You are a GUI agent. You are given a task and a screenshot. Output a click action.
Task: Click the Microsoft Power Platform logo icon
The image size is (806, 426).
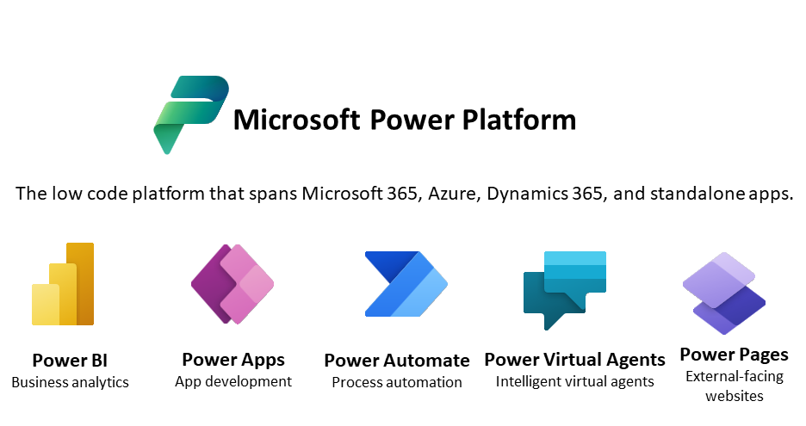pyautogui.click(x=190, y=114)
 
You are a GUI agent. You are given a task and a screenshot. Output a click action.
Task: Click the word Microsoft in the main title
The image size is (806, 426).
pyautogui.click(x=296, y=120)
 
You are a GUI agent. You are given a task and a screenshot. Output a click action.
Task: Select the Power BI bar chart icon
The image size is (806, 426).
pyautogui.click(x=63, y=284)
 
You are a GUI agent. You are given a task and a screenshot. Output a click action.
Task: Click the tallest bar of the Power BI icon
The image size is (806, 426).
pyautogui.click(x=81, y=284)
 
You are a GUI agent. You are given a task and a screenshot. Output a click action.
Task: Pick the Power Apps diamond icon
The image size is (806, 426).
pyautogui.click(x=232, y=284)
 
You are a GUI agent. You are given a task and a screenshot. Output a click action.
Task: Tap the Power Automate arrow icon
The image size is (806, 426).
pyautogui.click(x=406, y=284)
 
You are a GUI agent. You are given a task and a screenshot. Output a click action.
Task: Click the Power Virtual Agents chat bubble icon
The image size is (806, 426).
pyautogui.click(x=564, y=290)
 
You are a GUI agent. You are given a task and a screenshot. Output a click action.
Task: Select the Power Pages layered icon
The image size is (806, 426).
pyautogui.click(x=723, y=293)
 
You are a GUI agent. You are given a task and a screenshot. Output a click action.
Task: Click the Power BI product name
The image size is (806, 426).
pyautogui.click(x=70, y=361)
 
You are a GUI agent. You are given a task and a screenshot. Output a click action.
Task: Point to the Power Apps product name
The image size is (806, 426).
pyautogui.click(x=233, y=360)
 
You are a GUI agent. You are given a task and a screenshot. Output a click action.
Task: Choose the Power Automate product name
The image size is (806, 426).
pyautogui.click(x=397, y=361)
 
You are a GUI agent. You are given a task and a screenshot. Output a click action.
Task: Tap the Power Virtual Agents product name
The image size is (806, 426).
pyautogui.click(x=574, y=360)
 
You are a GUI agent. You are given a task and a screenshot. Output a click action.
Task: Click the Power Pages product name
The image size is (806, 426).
pyautogui.click(x=734, y=355)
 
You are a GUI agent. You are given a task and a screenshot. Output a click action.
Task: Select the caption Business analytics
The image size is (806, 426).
pyautogui.click(x=70, y=382)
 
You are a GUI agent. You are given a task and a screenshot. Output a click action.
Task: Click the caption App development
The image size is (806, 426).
pyautogui.click(x=233, y=381)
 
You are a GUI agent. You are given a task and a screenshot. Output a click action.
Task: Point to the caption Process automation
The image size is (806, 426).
pyautogui.click(x=397, y=382)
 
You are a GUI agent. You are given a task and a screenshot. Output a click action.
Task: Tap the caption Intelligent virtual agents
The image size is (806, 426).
pyautogui.click(x=574, y=381)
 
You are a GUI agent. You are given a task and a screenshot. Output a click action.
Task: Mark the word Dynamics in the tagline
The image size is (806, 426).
pyautogui.click(x=527, y=194)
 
